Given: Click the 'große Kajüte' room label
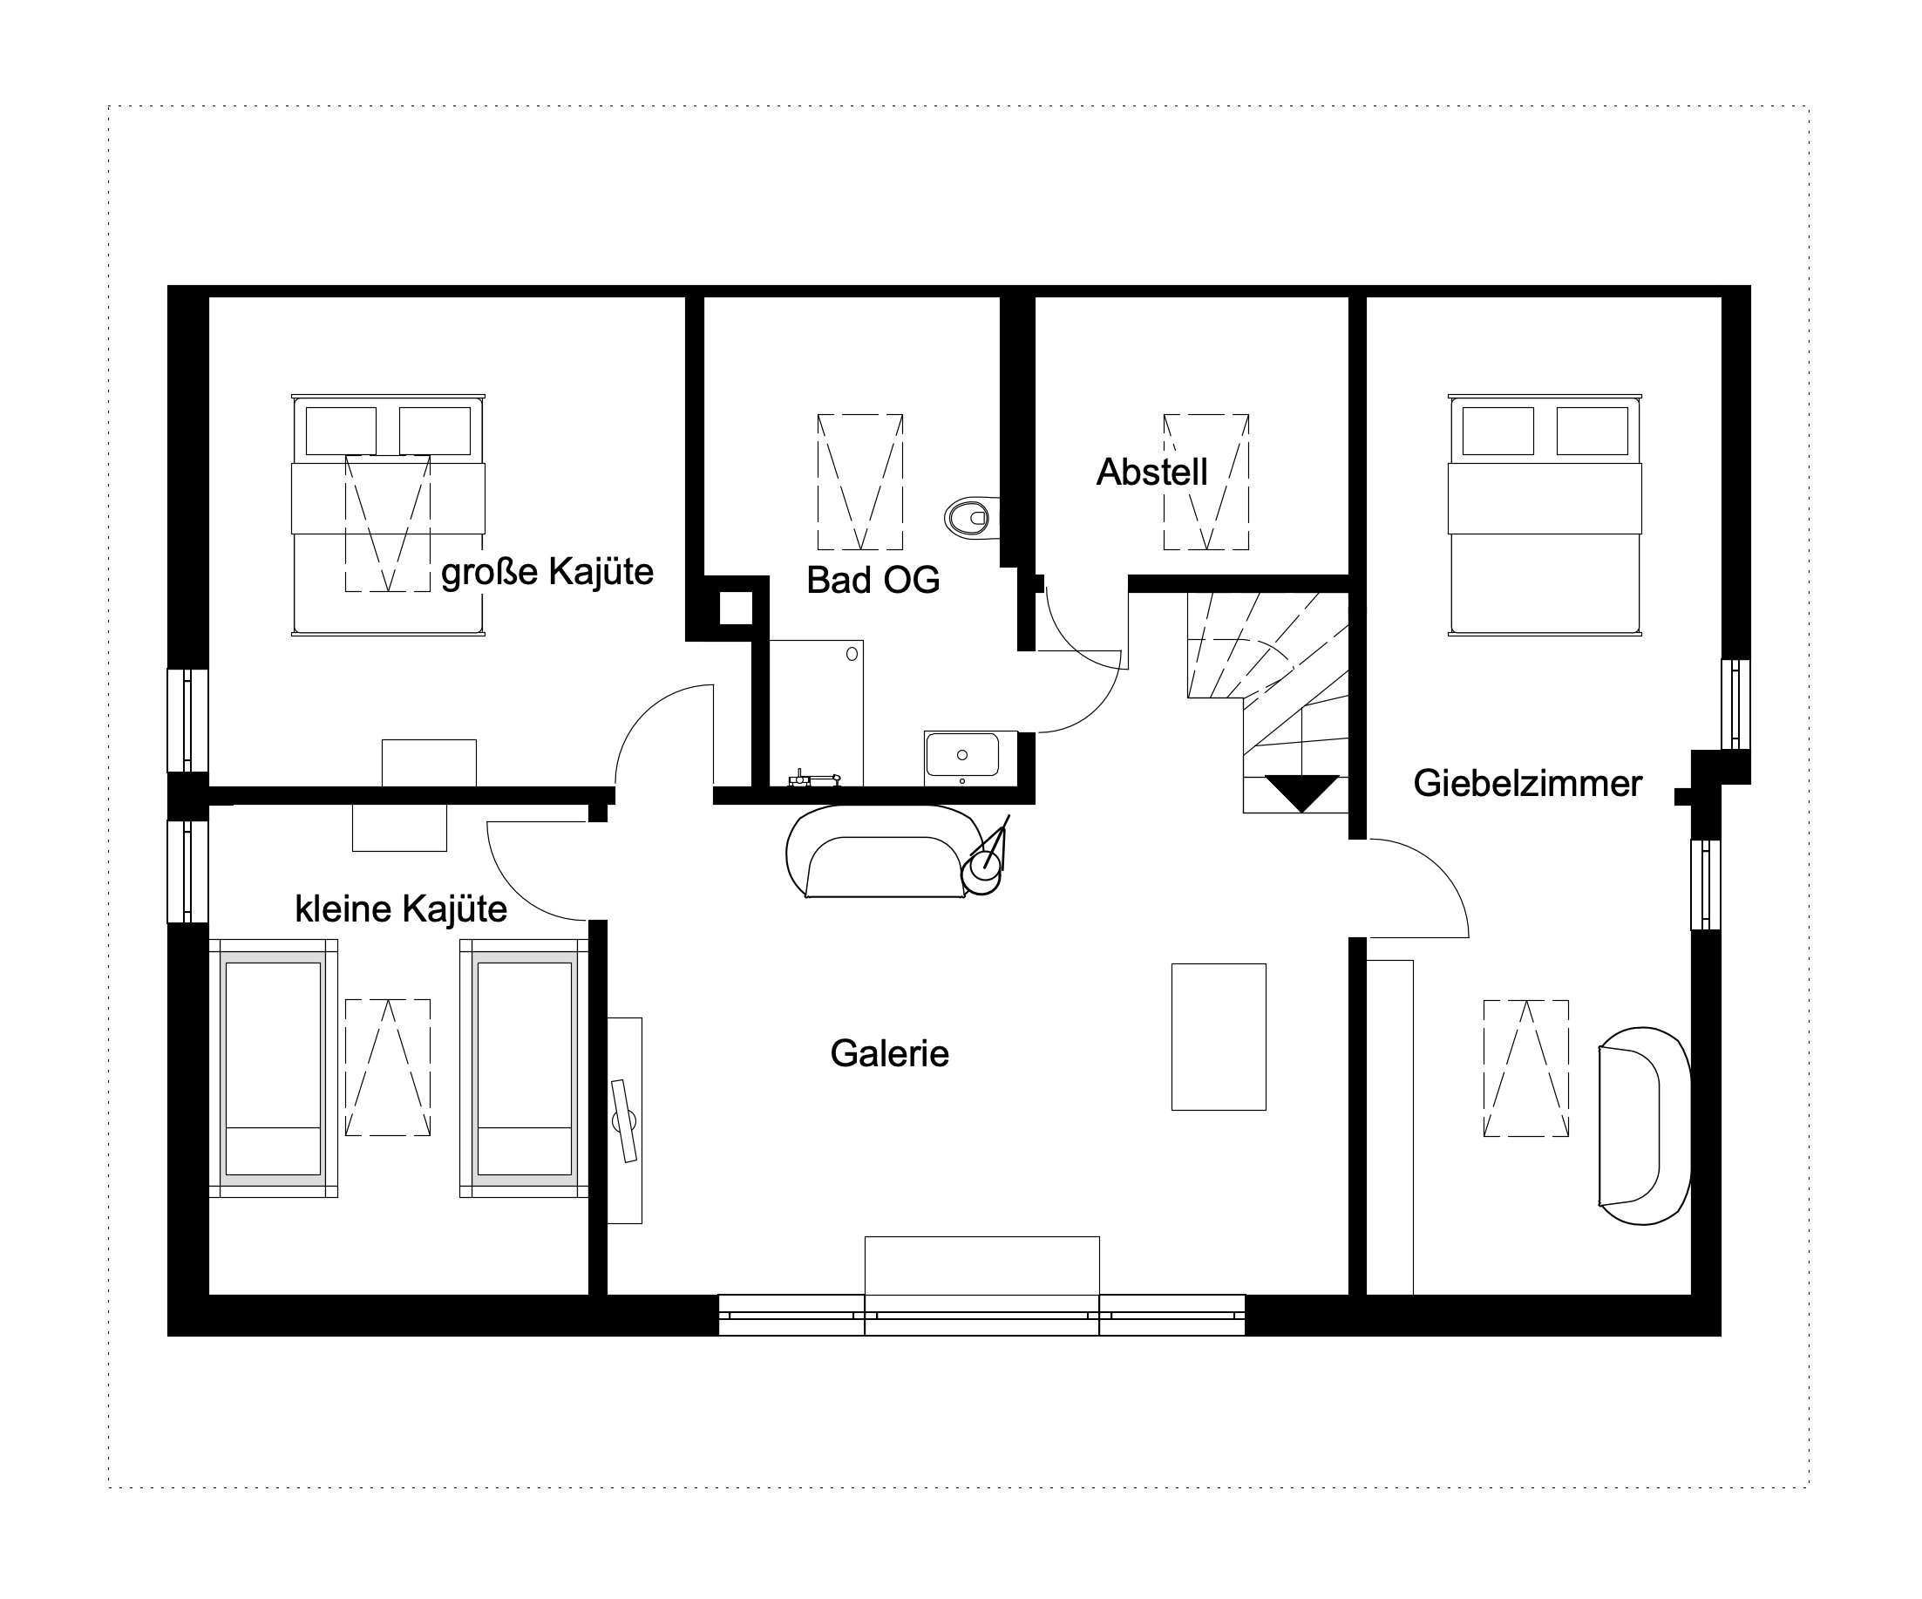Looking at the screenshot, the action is [x=547, y=572].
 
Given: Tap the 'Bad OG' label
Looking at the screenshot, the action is [x=873, y=581].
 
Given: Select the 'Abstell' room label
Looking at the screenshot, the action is [x=1152, y=473].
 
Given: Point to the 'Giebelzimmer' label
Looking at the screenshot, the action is [x=1527, y=784].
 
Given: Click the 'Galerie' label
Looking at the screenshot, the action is [x=890, y=1053].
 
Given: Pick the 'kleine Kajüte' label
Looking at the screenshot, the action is [x=401, y=908].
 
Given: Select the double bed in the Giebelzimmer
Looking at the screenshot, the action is [x=1544, y=514].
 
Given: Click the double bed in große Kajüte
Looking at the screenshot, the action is [x=388, y=514].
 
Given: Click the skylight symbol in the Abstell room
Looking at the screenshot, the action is [x=1206, y=481].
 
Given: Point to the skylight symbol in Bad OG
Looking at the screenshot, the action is [x=860, y=481].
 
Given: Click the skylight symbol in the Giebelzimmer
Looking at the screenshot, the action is [x=1525, y=1068].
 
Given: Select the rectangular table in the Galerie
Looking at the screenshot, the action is [x=1219, y=1037].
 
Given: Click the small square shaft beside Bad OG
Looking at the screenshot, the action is [x=736, y=608].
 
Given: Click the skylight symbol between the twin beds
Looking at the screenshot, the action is [x=388, y=1067].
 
